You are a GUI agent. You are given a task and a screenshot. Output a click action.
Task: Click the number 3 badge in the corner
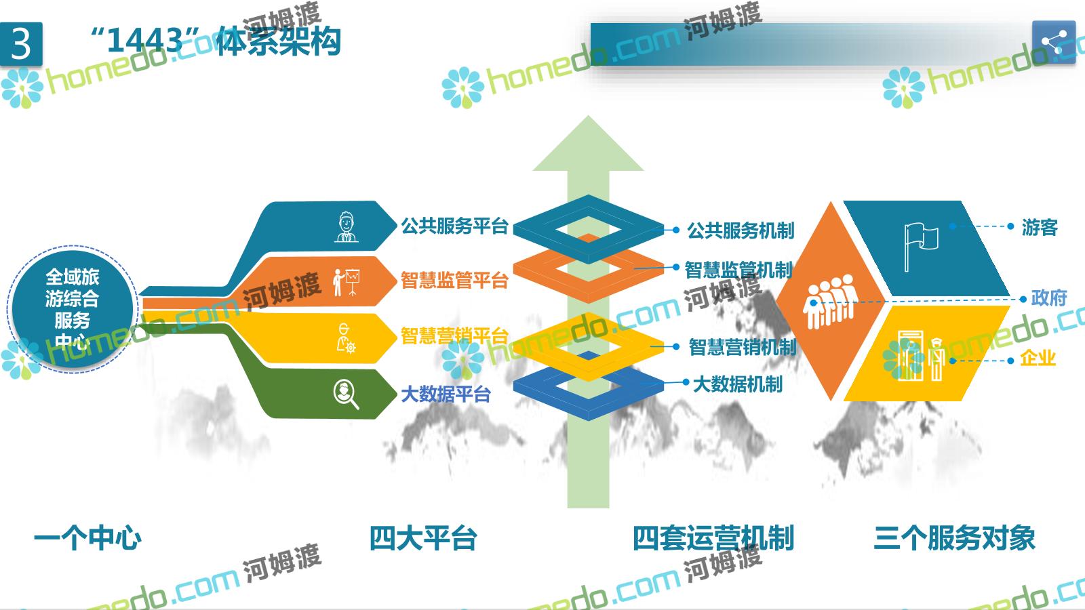tap(21, 44)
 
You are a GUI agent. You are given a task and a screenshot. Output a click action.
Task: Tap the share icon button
tap(1054, 42)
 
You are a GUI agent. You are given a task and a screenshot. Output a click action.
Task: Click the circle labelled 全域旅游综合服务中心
tap(73, 309)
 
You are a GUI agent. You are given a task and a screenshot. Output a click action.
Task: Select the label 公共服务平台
tap(454, 226)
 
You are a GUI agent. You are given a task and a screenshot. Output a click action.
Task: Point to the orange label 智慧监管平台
tap(454, 281)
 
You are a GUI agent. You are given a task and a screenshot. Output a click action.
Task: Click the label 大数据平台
tap(446, 394)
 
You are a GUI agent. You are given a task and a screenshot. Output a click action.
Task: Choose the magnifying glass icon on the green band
tap(347, 394)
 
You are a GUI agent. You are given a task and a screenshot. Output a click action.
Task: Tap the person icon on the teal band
tap(347, 226)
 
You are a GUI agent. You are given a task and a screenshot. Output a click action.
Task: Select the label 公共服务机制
tap(741, 230)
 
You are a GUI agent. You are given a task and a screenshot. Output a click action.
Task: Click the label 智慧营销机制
tap(743, 347)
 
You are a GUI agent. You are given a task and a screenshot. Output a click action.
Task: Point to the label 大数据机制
tap(738, 384)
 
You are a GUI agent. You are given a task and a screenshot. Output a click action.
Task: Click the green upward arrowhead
tap(588, 143)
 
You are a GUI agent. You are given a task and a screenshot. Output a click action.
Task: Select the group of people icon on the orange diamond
tap(830, 301)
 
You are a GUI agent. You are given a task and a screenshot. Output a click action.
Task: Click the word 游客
tap(1040, 227)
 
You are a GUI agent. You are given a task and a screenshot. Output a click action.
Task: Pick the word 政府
tap(1048, 298)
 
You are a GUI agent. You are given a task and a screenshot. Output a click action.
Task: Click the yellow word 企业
tap(1038, 359)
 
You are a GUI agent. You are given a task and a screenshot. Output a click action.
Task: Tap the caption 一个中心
tap(87, 538)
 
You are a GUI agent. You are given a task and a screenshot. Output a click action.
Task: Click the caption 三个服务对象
tap(955, 538)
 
